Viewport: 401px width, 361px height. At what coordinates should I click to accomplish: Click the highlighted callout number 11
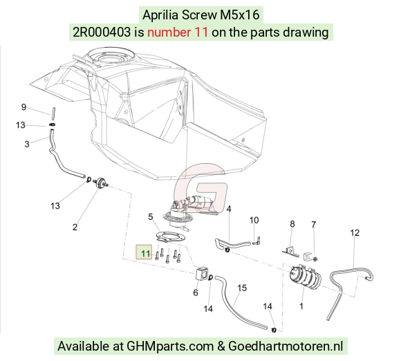145,253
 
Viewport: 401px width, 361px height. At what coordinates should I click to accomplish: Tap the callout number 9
24,107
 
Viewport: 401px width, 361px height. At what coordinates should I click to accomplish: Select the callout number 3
27,144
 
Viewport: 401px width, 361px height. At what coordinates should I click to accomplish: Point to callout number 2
75,227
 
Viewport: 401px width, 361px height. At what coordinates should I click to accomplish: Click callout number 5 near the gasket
151,217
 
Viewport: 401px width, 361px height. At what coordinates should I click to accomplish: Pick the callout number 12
355,232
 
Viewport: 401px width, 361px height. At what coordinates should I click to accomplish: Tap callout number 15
242,288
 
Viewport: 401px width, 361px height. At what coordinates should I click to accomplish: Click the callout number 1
301,306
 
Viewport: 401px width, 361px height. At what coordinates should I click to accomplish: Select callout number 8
292,224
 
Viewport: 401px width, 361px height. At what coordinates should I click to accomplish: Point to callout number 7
314,224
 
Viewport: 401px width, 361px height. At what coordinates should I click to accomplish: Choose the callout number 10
254,220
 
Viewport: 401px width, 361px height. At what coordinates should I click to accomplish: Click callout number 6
196,293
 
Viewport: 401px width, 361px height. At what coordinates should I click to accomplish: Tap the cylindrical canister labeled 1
305,277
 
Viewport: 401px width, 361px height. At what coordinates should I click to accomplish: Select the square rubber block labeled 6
202,273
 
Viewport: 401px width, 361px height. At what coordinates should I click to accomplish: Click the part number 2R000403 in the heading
102,33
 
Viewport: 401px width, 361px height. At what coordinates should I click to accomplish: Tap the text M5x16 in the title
240,15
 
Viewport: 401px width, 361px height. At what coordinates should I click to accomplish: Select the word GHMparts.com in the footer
170,346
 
